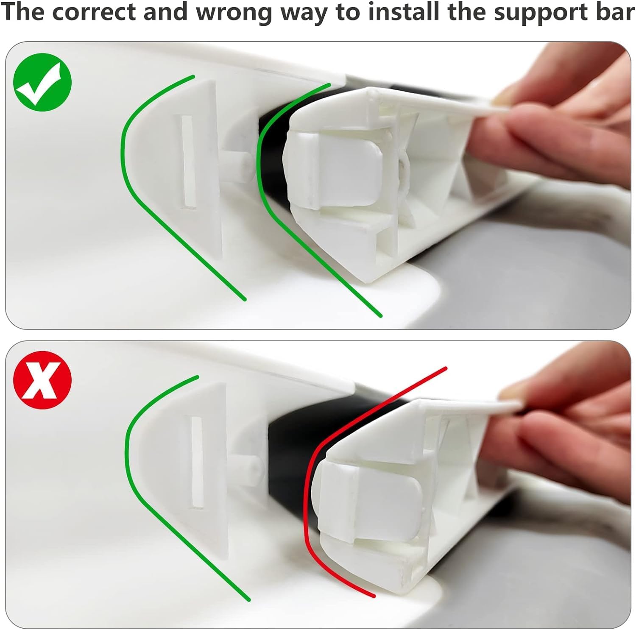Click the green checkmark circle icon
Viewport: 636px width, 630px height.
(x=42, y=83)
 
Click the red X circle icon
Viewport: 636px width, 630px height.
(x=42, y=380)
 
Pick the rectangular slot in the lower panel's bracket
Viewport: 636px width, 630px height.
(x=197, y=462)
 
